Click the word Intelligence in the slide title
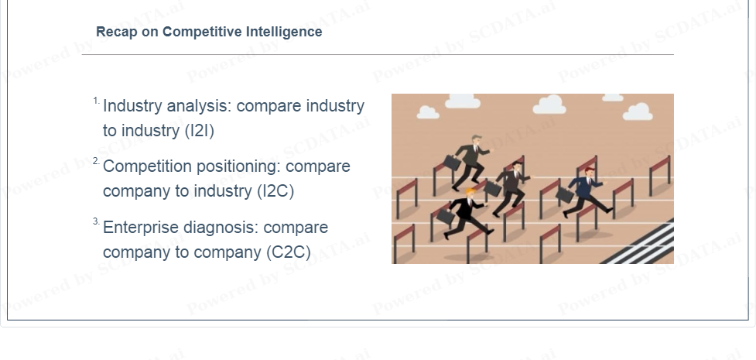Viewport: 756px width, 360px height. [284, 32]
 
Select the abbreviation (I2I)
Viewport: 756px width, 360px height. [200, 131]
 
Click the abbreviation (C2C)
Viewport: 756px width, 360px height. [289, 252]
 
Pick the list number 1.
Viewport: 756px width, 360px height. [97, 101]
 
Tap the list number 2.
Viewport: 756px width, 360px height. [97, 161]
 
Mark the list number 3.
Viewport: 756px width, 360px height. [97, 222]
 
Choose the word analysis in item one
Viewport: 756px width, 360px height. [199, 106]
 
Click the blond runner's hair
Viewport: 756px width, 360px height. [470, 191]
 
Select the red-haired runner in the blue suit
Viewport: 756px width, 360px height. [585, 191]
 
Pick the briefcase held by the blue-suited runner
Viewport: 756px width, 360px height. [565, 194]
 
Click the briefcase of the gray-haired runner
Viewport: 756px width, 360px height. [452, 163]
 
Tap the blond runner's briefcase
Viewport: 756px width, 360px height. [446, 216]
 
